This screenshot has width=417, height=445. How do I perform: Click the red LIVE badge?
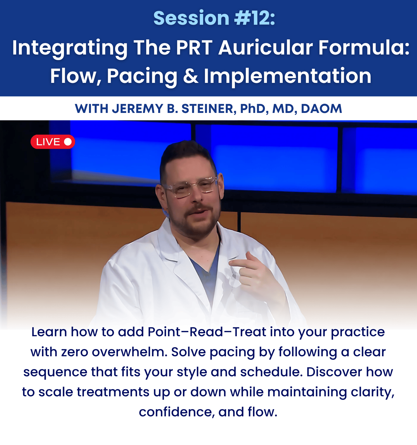coord(53,142)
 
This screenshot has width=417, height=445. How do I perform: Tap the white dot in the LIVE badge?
coord(68,142)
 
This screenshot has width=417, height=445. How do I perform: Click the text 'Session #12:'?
coord(214,18)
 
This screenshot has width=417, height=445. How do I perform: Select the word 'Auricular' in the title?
coord(265,48)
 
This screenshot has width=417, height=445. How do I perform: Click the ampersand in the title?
coord(191,76)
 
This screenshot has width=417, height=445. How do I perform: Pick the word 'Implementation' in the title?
coord(288,76)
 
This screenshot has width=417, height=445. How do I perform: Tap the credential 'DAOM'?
coord(321,109)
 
